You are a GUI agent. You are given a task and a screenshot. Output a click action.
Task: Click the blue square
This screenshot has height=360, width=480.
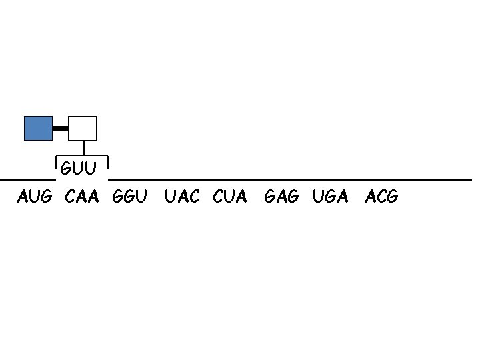click(38, 128)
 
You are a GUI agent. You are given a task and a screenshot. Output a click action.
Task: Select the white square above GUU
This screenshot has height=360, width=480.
click(83, 128)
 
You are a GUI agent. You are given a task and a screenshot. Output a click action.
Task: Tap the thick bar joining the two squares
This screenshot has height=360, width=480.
click(60, 127)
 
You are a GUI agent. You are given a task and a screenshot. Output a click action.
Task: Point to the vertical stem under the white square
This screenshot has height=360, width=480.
click(83, 148)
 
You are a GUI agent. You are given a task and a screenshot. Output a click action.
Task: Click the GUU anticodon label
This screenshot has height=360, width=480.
click(80, 168)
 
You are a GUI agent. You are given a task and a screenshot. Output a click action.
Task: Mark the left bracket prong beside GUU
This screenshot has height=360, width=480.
click(55, 165)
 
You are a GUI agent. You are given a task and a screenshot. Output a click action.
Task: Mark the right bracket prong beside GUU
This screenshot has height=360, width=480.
click(107, 165)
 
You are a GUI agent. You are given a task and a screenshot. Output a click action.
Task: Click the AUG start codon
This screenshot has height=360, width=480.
click(34, 197)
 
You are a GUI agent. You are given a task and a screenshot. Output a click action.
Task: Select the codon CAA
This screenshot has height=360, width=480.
click(82, 197)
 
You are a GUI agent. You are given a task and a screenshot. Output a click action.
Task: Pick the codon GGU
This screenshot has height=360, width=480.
click(130, 197)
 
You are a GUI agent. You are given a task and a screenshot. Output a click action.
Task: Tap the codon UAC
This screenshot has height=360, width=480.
click(182, 197)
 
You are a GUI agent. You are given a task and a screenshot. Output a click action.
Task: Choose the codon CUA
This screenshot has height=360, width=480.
click(230, 197)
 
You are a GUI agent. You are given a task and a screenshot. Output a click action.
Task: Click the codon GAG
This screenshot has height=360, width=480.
click(282, 197)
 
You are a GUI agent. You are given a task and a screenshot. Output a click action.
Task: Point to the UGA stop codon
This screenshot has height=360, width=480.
click(330, 197)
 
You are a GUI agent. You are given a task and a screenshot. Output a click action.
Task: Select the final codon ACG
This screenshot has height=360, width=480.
click(382, 197)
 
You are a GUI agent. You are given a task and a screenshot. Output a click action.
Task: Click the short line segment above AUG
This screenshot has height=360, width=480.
click(27, 180)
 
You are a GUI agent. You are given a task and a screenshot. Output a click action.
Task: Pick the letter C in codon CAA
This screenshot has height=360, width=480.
click(71, 197)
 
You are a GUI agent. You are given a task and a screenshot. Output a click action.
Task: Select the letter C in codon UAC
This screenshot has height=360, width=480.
click(193, 197)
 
